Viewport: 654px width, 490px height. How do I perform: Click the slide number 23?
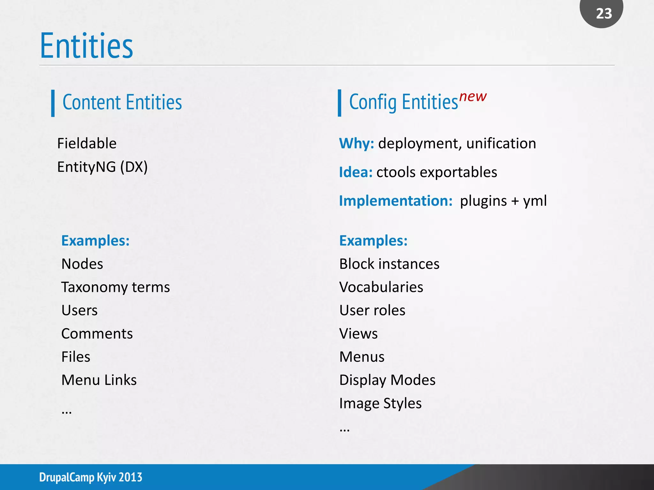(604, 13)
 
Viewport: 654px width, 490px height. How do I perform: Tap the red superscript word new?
(473, 96)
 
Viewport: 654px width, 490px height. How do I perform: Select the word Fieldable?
(87, 143)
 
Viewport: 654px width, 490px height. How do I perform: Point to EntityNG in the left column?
(86, 167)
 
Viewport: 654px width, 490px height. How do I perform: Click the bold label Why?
(356, 143)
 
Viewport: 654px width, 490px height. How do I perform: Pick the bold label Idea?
(356, 172)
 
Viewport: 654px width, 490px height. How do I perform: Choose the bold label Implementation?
(396, 201)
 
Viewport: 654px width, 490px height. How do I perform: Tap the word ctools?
(396, 172)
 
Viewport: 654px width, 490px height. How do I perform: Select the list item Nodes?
(82, 264)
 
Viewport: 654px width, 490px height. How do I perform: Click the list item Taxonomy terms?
(115, 287)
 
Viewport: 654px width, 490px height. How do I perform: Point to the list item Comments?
(97, 334)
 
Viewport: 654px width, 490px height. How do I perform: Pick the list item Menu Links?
(99, 380)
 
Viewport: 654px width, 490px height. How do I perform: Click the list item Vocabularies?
(381, 287)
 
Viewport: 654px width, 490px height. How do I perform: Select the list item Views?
(358, 334)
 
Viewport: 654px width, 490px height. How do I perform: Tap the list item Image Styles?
(380, 403)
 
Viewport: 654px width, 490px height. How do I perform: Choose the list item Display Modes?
(387, 380)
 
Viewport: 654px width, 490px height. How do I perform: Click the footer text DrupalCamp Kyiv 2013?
(91, 477)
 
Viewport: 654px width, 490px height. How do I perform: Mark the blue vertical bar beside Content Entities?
(53, 103)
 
